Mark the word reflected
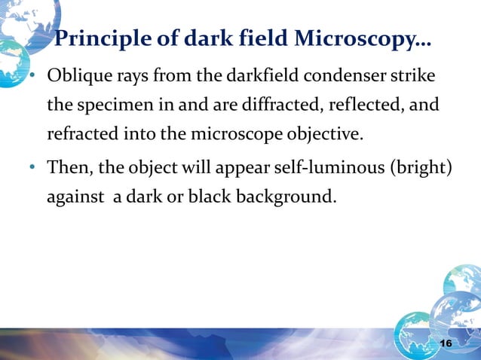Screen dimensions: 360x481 pyautogui.click(x=363, y=106)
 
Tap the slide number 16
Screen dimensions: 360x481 pyautogui.click(x=445, y=343)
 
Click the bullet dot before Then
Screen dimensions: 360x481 pyautogui.click(x=34, y=168)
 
